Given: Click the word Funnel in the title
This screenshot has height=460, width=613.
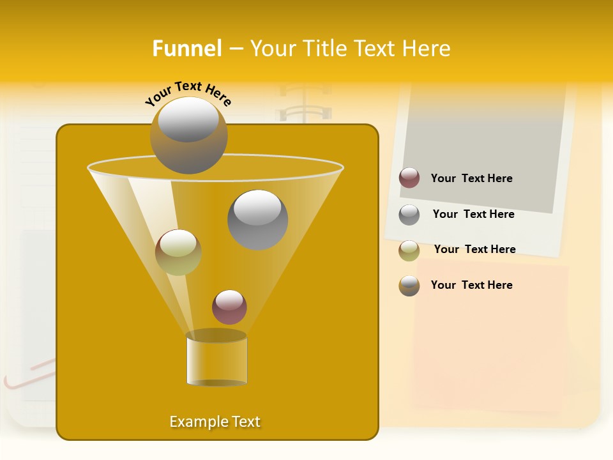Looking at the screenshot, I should [187, 49].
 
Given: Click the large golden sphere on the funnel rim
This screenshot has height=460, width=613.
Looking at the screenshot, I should [188, 135].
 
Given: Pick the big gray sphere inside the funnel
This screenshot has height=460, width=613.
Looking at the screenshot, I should [257, 220].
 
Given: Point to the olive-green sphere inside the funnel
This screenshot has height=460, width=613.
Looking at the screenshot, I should [178, 252].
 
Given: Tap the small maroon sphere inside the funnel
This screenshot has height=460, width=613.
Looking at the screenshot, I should [229, 307].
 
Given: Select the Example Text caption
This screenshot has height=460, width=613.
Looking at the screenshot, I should [215, 422].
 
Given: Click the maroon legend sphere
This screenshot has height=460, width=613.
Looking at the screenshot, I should [409, 178].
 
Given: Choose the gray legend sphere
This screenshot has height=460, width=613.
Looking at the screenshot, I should [409, 215].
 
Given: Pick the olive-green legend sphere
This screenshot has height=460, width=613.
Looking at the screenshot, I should [409, 250].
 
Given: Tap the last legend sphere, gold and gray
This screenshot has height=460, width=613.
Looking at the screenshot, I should [409, 286].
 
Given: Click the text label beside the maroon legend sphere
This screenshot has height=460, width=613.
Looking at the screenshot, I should [471, 179].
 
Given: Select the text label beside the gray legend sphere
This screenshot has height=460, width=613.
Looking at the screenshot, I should [473, 215].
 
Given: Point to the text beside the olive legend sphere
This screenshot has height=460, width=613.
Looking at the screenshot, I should [474, 250].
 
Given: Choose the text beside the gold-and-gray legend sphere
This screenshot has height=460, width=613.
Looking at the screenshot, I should [471, 286].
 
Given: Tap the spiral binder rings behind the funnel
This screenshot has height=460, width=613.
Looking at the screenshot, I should [304, 105].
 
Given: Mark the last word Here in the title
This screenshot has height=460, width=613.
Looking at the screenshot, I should [427, 49].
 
